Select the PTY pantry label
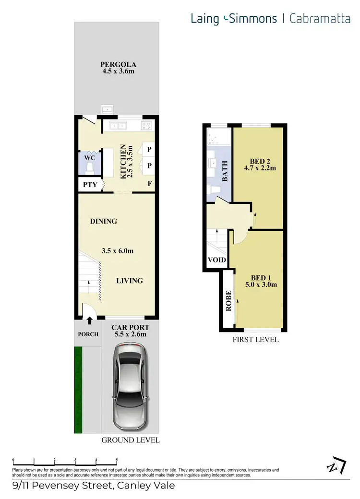coord(89,184)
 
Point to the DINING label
coord(103,221)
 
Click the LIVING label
coord(129,281)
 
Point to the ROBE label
coord(228,301)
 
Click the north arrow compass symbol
coord(336,465)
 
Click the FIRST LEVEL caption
coord(255,340)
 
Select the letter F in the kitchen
coord(150,183)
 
